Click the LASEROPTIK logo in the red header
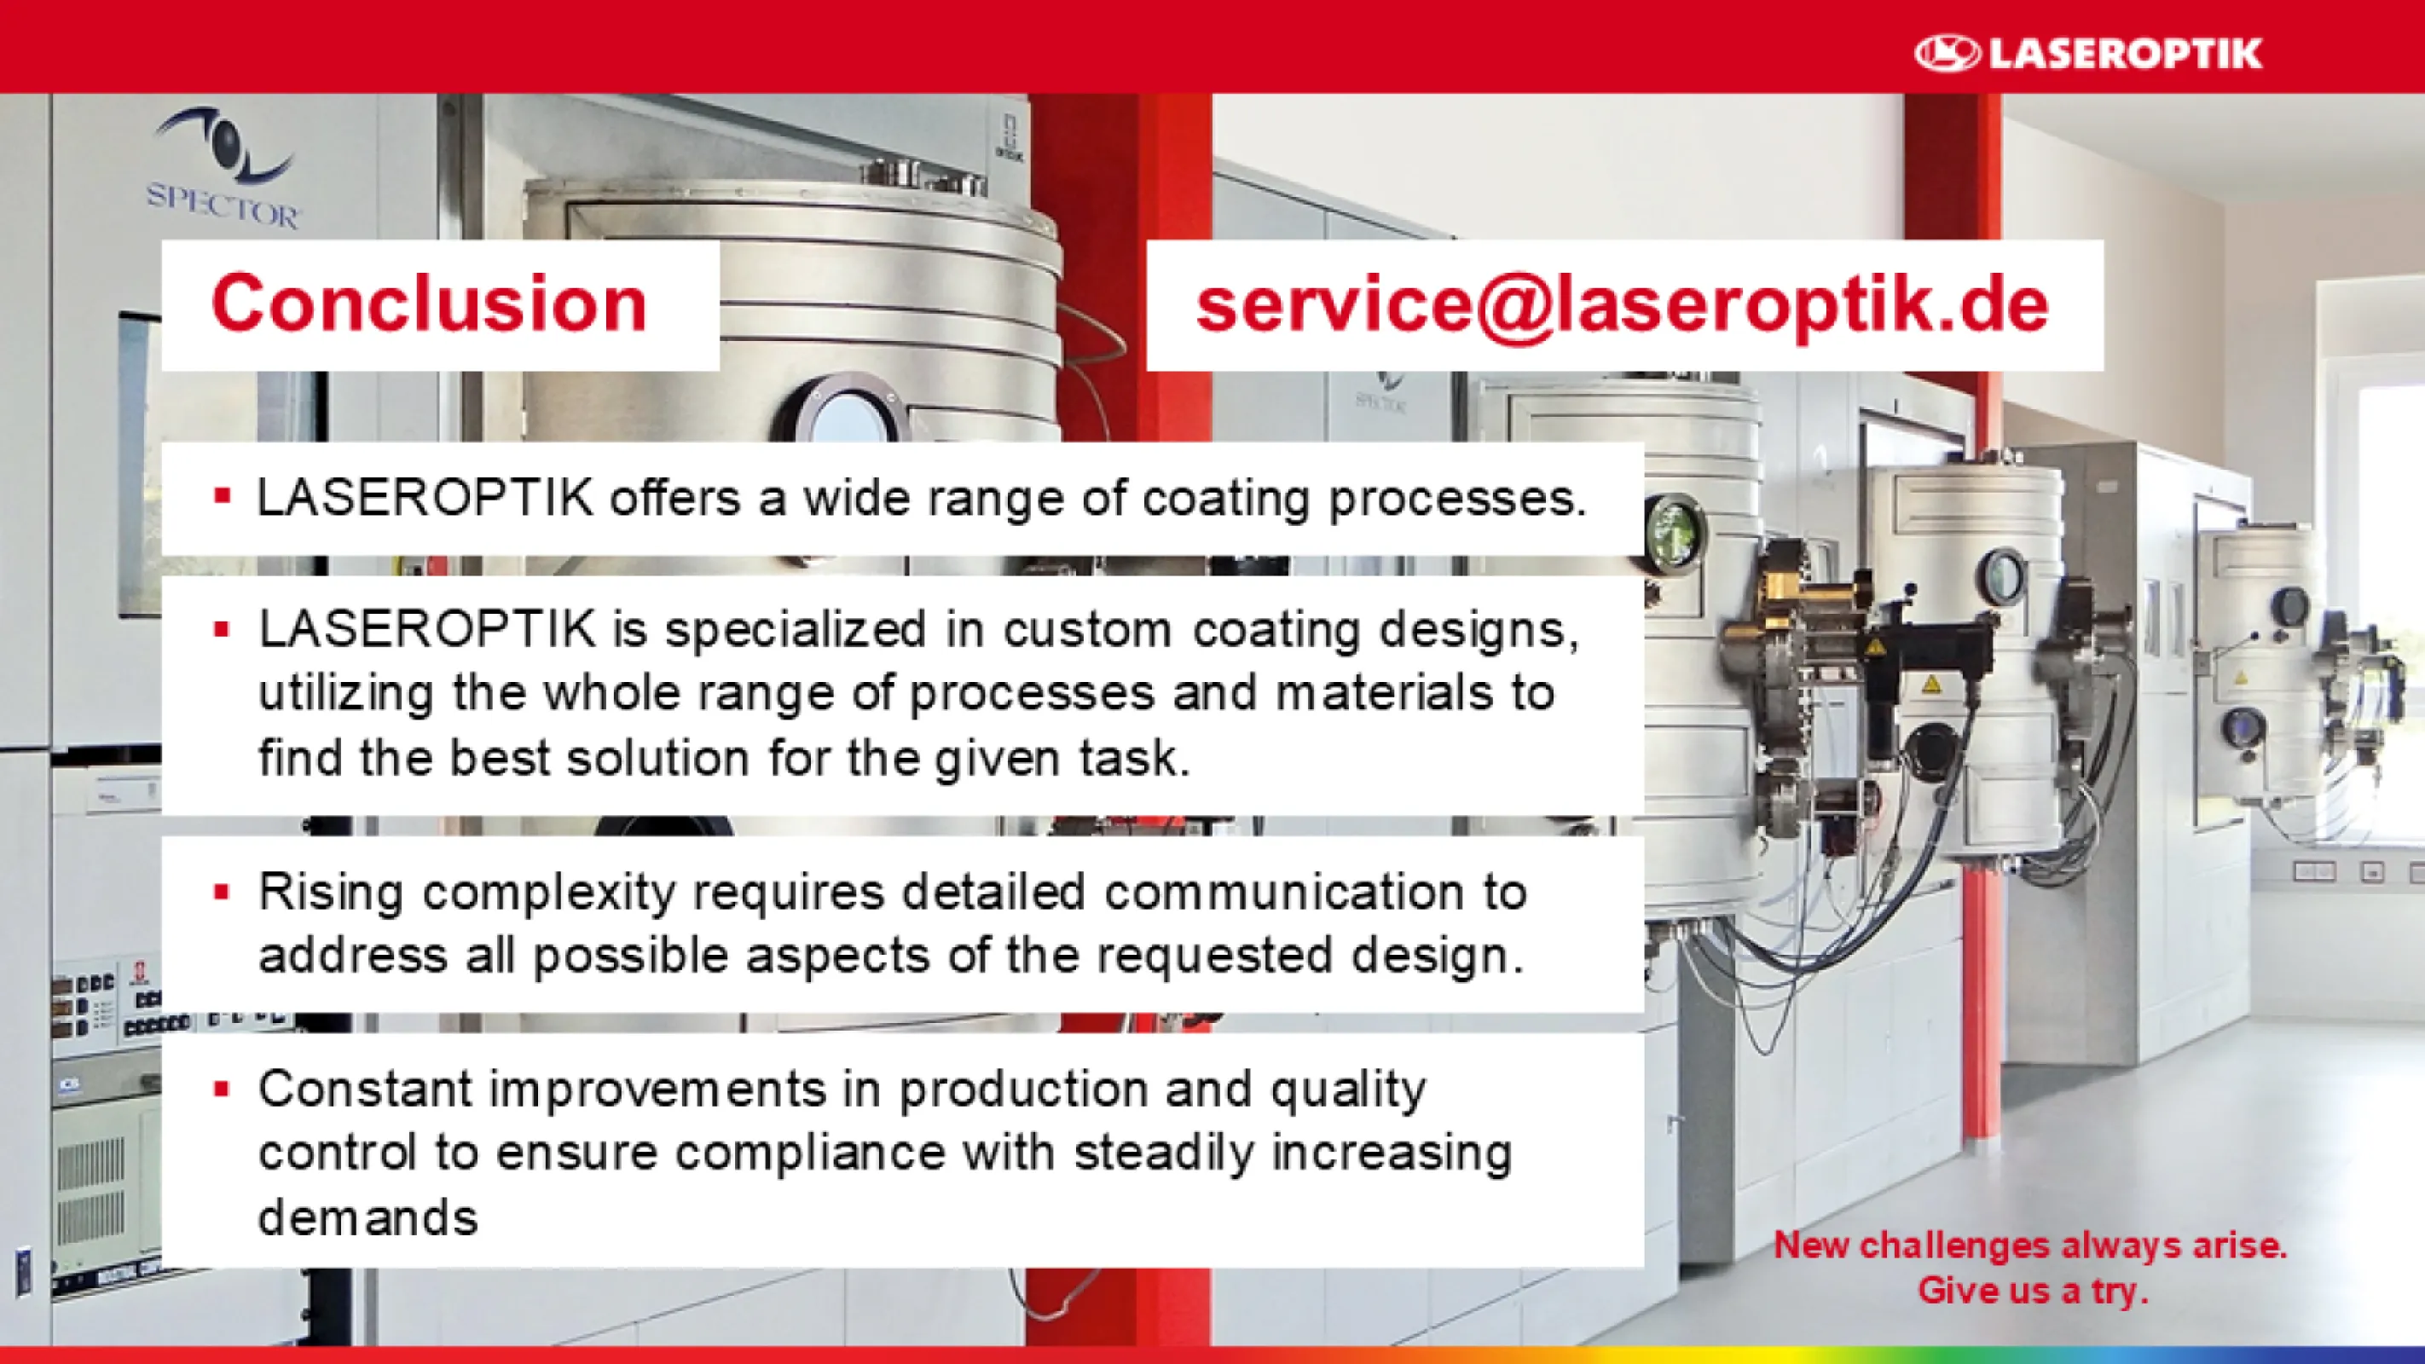[2088, 53]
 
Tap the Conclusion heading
[429, 303]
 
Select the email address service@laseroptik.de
[1622, 306]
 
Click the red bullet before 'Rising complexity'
[223, 893]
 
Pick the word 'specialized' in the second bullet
[796, 631]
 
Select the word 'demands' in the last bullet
[368, 1218]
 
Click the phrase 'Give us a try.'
[2034, 1291]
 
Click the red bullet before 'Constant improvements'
[223, 1090]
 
